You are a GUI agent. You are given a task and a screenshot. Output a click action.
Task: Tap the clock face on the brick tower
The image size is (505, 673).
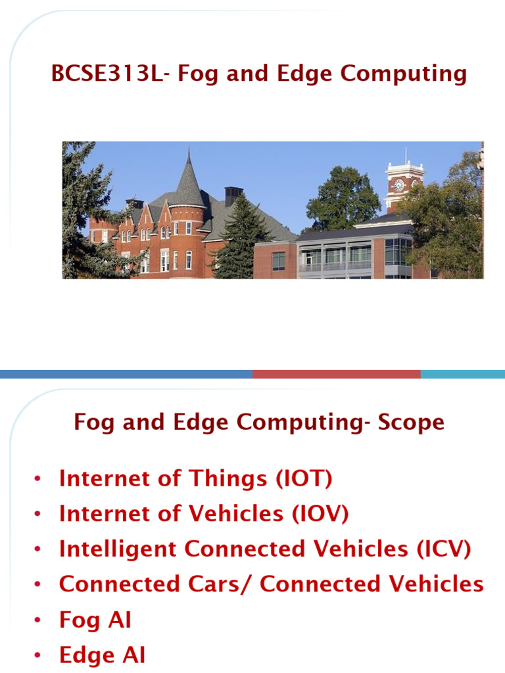[x=398, y=185]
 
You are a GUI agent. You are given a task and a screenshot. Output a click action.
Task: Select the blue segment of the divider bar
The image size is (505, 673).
[x=125, y=374]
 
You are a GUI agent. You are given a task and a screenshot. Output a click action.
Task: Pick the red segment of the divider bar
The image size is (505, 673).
[x=335, y=374]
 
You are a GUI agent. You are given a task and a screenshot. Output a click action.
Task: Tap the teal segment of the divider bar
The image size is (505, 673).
[x=462, y=374]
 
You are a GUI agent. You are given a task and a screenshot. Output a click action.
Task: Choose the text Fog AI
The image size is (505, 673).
[x=95, y=619]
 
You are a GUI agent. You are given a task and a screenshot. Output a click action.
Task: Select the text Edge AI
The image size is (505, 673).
[x=102, y=655]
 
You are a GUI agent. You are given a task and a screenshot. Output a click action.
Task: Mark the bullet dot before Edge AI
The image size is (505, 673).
[x=39, y=656]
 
